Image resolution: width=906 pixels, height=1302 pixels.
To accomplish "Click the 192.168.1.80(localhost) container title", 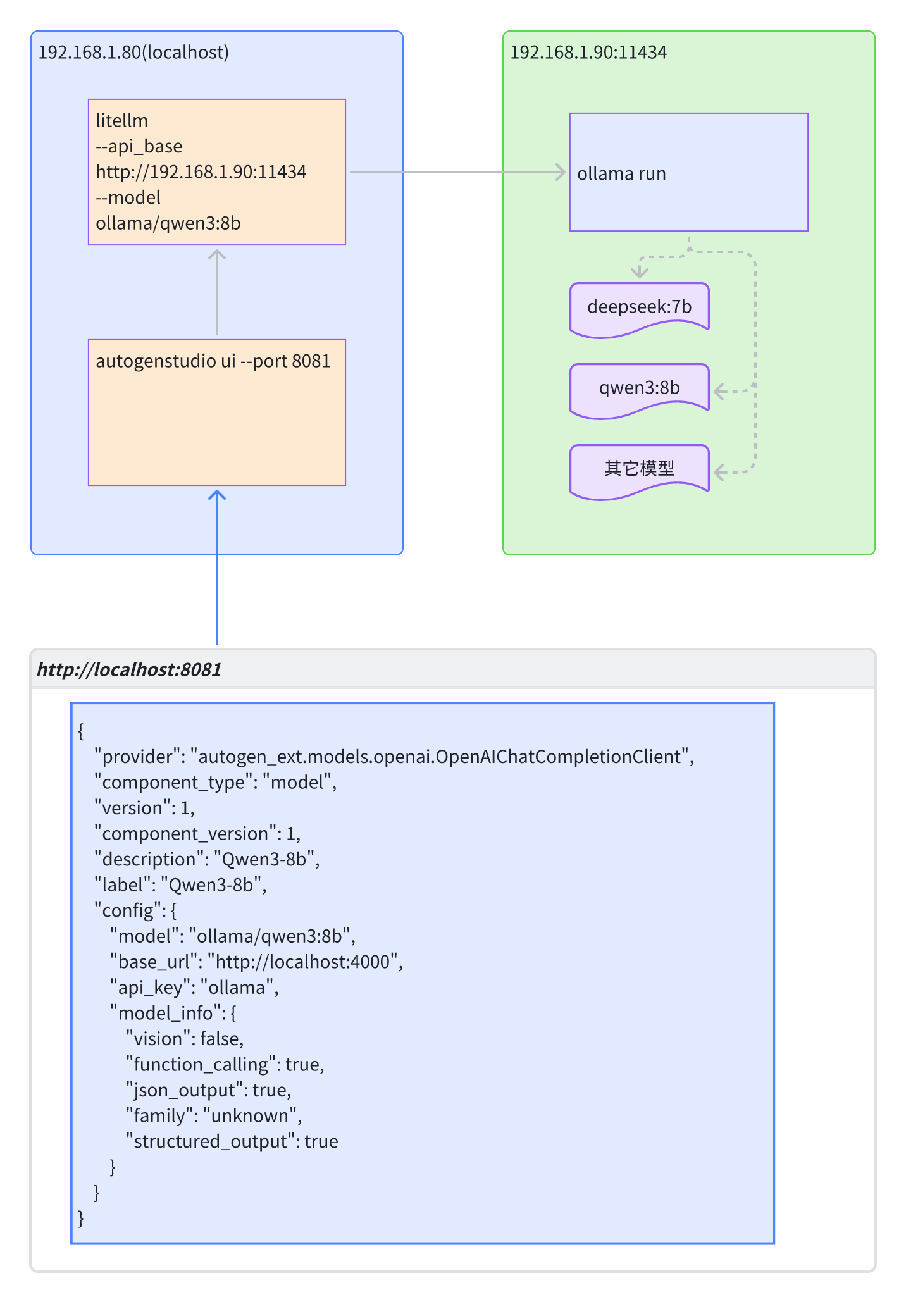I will [x=133, y=53].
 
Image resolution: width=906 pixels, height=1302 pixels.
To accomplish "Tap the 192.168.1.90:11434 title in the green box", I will [x=588, y=53].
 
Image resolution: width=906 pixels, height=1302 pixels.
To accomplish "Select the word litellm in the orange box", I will [x=121, y=121].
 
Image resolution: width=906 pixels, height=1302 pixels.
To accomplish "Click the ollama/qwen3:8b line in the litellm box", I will [x=168, y=223].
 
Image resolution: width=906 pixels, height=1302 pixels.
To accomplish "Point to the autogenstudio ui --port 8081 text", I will [x=213, y=361].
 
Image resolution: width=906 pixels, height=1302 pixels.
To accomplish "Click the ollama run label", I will [x=621, y=174].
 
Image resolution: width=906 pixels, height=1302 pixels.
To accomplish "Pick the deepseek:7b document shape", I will [x=639, y=307].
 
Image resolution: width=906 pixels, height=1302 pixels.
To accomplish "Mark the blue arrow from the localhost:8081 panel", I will [x=217, y=569].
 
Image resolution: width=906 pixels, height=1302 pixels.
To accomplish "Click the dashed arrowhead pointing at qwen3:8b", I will [x=719, y=391].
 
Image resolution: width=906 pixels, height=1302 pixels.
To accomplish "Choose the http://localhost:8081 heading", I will [x=129, y=670].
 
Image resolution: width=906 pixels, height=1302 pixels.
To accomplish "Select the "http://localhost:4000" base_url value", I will [x=302, y=962].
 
